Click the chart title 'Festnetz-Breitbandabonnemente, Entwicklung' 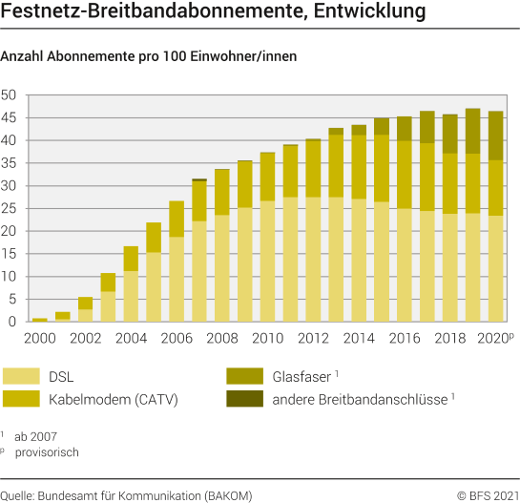[x=214, y=14]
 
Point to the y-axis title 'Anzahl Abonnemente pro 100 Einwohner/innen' [x=149, y=56]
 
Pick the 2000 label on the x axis [x=40, y=338]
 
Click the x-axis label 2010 [x=267, y=338]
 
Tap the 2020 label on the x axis [x=494, y=338]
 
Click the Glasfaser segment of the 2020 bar [x=495, y=136]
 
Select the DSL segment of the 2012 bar [x=313, y=260]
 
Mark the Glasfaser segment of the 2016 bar [x=404, y=129]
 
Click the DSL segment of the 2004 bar [x=131, y=297]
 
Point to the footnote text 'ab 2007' [x=37, y=435]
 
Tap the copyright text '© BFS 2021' [x=485, y=493]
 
